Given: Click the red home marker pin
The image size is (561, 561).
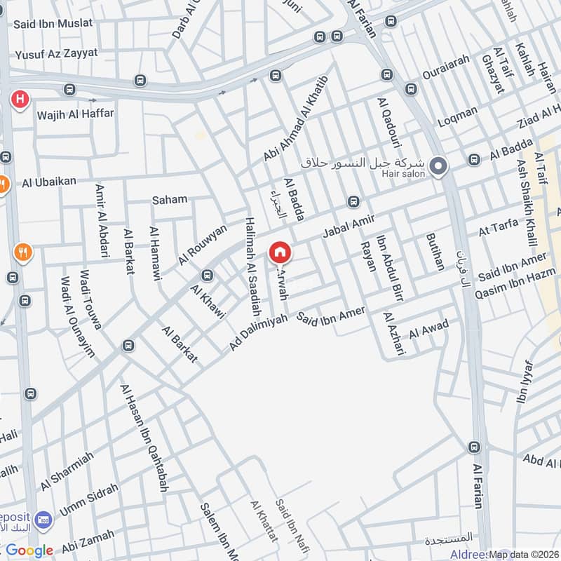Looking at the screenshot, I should tap(280, 252).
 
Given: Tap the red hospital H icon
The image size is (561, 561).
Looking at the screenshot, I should tap(20, 99).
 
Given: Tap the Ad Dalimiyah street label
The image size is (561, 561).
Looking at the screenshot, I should tap(259, 332).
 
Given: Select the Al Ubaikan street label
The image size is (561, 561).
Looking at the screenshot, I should tap(49, 182).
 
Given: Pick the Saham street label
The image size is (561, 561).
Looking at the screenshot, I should tap(170, 199).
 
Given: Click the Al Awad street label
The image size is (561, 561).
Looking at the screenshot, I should tap(428, 328).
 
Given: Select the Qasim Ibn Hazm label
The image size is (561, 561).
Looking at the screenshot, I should tap(515, 286).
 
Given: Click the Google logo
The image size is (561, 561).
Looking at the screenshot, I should tap(29, 550).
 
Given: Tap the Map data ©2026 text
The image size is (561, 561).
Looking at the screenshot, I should tap(525, 554).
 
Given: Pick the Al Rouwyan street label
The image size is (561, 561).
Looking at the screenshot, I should tap(203, 244).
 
